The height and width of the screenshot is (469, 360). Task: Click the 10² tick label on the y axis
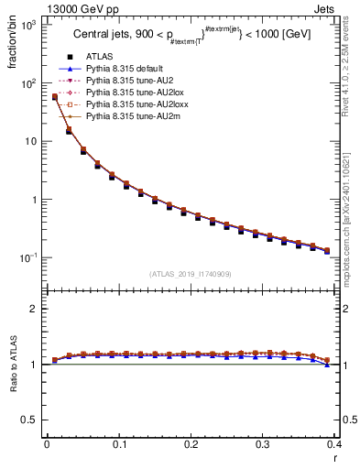(x=28, y=83)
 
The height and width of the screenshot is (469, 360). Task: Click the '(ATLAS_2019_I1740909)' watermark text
(x=191, y=274)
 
